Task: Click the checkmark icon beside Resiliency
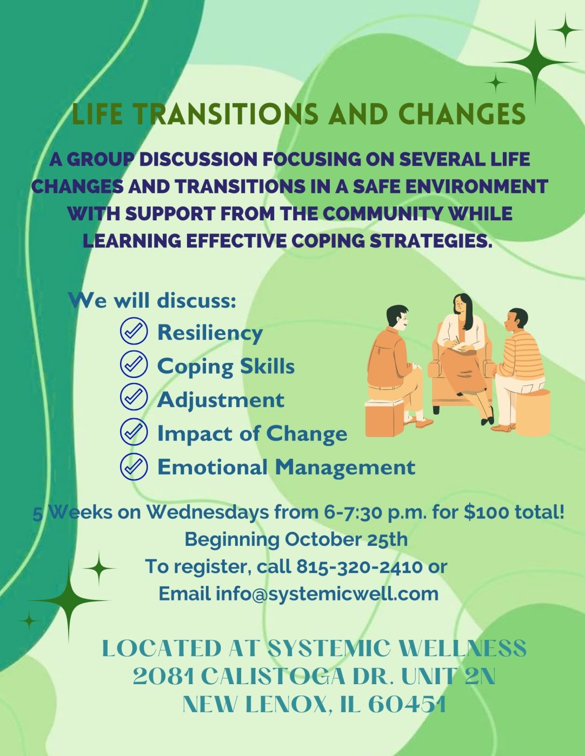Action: click(134, 331)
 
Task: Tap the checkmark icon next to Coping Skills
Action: click(134, 364)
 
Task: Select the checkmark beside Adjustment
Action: click(134, 398)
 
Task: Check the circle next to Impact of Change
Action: click(134, 432)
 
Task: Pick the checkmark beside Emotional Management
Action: click(134, 465)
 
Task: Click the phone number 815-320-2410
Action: click(359, 567)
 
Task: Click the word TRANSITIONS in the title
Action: click(223, 113)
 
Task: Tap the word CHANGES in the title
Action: click(461, 113)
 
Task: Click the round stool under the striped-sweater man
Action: click(533, 412)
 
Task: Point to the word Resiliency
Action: click(210, 333)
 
